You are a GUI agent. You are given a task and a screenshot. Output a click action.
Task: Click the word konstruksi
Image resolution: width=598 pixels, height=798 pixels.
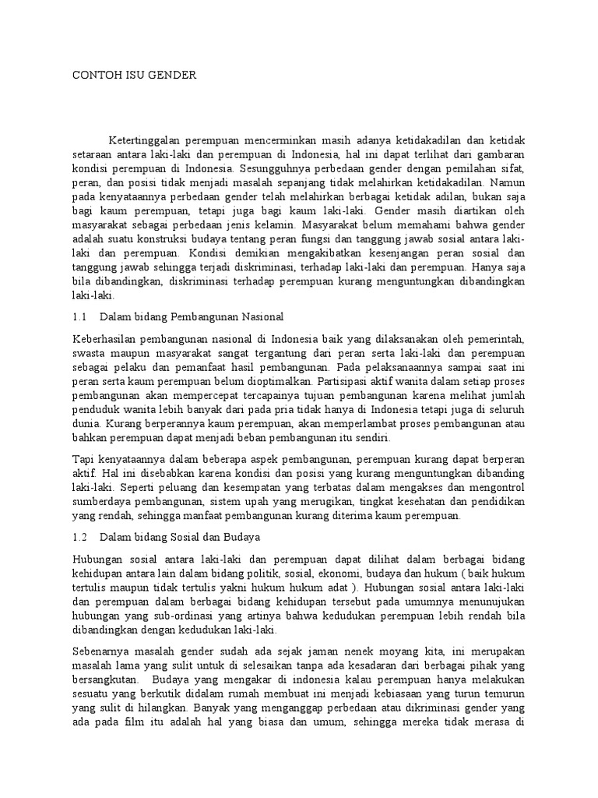169,238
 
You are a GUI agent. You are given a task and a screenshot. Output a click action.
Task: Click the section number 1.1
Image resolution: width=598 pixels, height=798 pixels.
80,317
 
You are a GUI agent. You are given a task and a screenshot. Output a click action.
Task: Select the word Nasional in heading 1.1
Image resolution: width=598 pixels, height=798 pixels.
263,317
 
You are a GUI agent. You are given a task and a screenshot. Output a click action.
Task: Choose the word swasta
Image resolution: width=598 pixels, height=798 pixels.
87,352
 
